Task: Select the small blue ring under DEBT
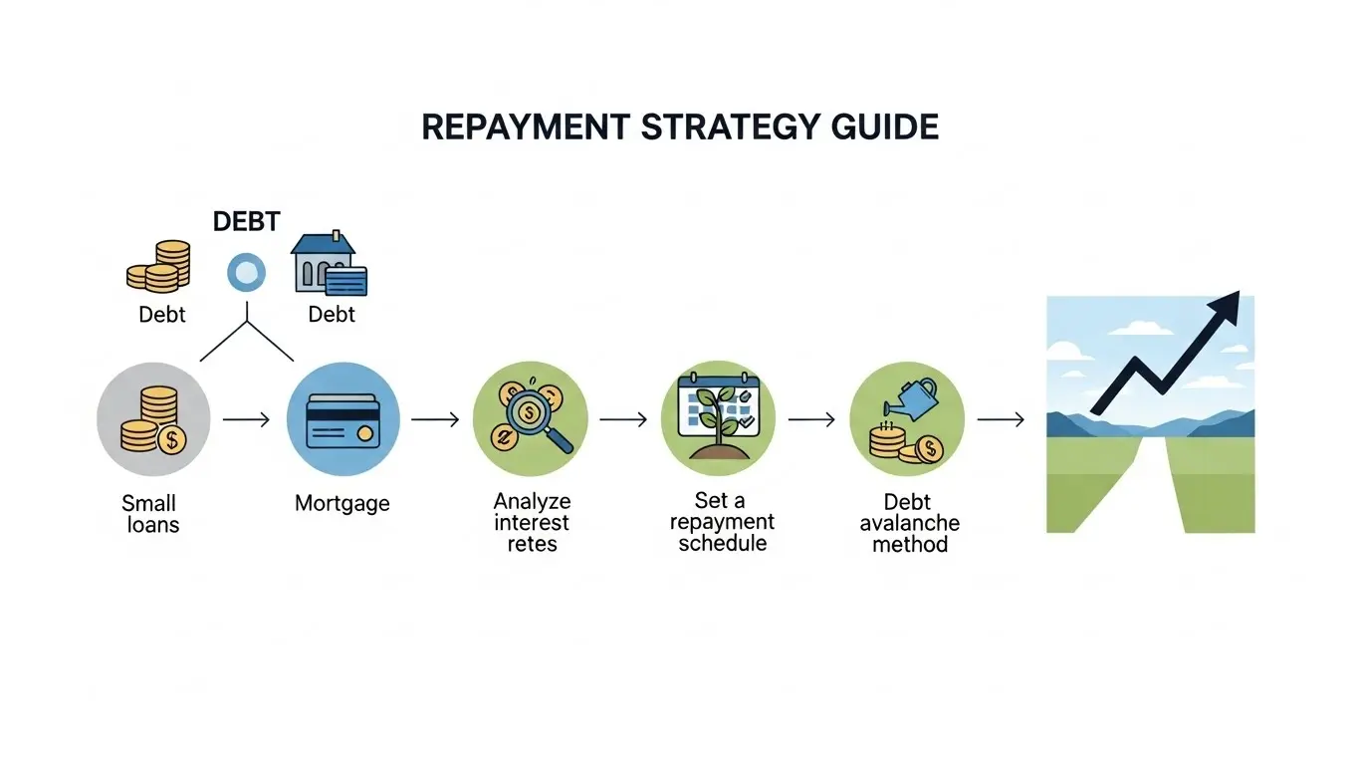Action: pyautogui.click(x=246, y=271)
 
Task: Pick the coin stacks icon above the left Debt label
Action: pyautogui.click(x=158, y=266)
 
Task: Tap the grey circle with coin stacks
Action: pyautogui.click(x=153, y=419)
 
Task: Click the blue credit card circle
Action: pyautogui.click(x=342, y=419)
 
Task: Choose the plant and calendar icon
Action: pyautogui.click(x=718, y=417)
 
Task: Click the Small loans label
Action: pyautogui.click(x=151, y=514)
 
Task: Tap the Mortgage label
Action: pyautogui.click(x=342, y=504)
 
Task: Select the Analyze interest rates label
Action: pyautogui.click(x=532, y=523)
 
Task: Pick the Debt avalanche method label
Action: pyautogui.click(x=908, y=523)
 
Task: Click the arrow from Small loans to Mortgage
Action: pyautogui.click(x=246, y=420)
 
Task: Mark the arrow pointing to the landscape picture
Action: pyautogui.click(x=1001, y=420)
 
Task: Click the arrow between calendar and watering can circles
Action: pyautogui.click(x=811, y=420)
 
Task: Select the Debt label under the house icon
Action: pyautogui.click(x=332, y=315)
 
